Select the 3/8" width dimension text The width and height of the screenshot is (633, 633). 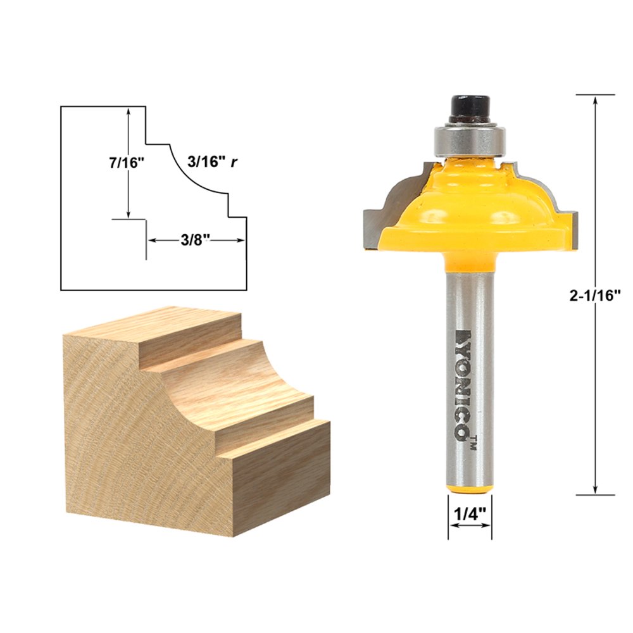[x=195, y=241]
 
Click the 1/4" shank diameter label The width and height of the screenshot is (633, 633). [x=470, y=514]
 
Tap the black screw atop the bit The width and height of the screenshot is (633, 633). [x=470, y=108]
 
